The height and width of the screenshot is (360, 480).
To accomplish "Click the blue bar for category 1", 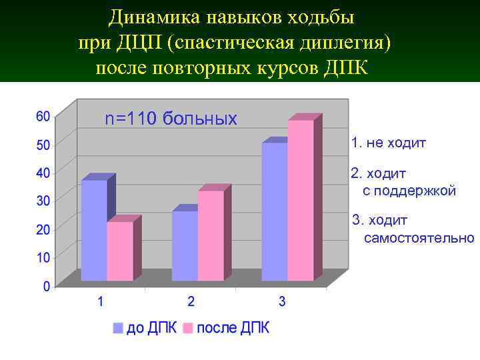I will (94, 230).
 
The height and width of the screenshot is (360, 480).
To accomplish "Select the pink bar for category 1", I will (120, 251).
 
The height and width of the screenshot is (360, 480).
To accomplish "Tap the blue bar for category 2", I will (185, 245).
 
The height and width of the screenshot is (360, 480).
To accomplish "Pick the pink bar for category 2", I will (211, 235).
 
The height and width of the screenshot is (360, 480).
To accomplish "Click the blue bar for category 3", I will (275, 211).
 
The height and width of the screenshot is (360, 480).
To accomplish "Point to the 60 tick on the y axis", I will (42, 116).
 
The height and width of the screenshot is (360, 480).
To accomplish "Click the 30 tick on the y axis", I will (42, 200).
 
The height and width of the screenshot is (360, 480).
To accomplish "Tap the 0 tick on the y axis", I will (46, 286).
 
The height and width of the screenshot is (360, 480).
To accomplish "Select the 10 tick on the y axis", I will (42, 257).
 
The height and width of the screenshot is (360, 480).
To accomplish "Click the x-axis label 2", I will (191, 302).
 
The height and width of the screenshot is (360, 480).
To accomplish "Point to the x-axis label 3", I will (282, 302).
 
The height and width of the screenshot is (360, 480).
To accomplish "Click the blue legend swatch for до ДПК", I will (118, 328).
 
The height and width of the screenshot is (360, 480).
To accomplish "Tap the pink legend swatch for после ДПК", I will (188, 328).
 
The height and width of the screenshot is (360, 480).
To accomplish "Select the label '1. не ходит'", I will (389, 143).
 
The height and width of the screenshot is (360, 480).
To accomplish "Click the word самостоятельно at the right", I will (419, 238).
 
